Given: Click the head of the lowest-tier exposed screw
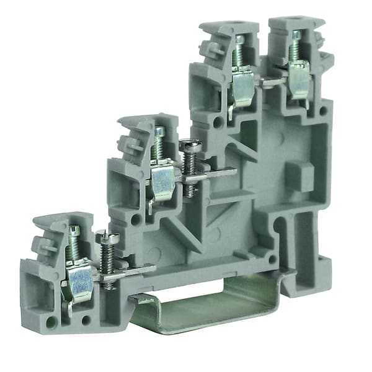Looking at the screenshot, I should pyautogui.click(x=106, y=236).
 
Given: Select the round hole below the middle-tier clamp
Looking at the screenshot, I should pyautogui.click(x=135, y=219).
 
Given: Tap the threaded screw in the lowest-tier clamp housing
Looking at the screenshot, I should pyautogui.click(x=74, y=245).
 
